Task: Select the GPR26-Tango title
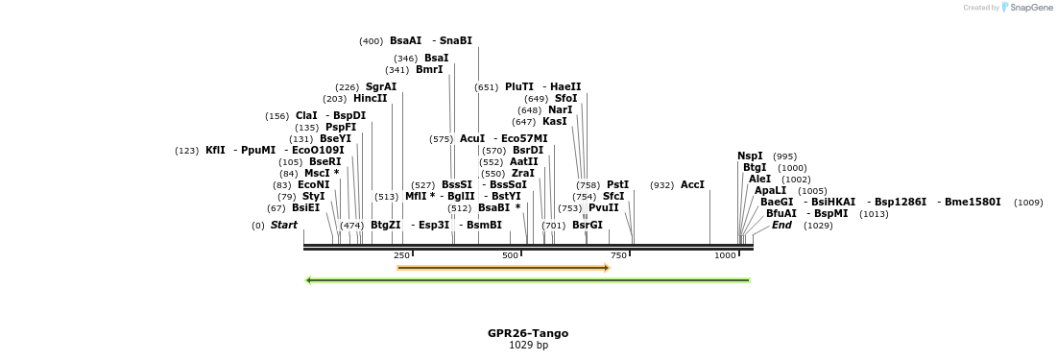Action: point(527,333)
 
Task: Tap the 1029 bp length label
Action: point(527,345)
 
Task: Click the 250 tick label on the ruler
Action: point(402,255)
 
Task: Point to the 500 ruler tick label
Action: point(510,255)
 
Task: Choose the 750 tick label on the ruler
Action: point(618,255)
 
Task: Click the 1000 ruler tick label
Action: point(725,255)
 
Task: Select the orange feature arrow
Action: point(503,268)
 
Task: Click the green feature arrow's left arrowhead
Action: point(309,280)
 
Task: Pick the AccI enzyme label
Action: point(692,185)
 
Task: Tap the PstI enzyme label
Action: point(617,185)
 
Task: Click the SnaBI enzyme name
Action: point(456,41)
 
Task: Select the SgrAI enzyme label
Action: point(380,87)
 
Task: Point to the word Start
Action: point(284,226)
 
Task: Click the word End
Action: point(782,226)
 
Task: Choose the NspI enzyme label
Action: point(750,156)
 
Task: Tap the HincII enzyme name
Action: point(370,99)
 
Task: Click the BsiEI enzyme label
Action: point(306,208)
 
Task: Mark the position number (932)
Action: point(661,185)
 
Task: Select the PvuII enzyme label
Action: point(603,208)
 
